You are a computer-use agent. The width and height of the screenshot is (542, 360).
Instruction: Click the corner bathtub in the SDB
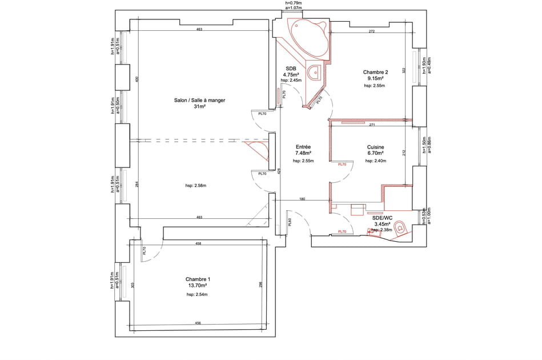pyautogui.click(x=308, y=38)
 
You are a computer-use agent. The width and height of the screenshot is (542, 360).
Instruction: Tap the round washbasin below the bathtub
pyautogui.click(x=314, y=73)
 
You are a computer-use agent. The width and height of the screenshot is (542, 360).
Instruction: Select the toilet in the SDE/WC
pyautogui.click(x=401, y=227)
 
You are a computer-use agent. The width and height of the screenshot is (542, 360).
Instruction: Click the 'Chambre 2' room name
pyautogui.click(x=375, y=72)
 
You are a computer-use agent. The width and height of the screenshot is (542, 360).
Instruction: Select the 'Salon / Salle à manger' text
pyautogui.click(x=199, y=100)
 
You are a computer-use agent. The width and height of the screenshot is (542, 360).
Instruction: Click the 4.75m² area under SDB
pyautogui.click(x=291, y=74)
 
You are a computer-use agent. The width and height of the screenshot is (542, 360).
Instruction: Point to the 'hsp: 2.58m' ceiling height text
pyautogui.click(x=196, y=185)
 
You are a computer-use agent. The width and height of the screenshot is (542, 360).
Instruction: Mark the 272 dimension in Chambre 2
pyautogui.click(x=372, y=31)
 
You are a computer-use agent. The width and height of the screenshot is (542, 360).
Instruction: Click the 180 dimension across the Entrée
pyautogui.click(x=302, y=199)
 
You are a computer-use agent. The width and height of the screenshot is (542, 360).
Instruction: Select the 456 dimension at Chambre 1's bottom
pyautogui.click(x=198, y=323)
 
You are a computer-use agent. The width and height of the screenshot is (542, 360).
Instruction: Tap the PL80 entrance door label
pyautogui.click(x=290, y=222)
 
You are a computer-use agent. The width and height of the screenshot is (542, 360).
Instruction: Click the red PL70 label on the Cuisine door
pyautogui.click(x=342, y=165)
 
